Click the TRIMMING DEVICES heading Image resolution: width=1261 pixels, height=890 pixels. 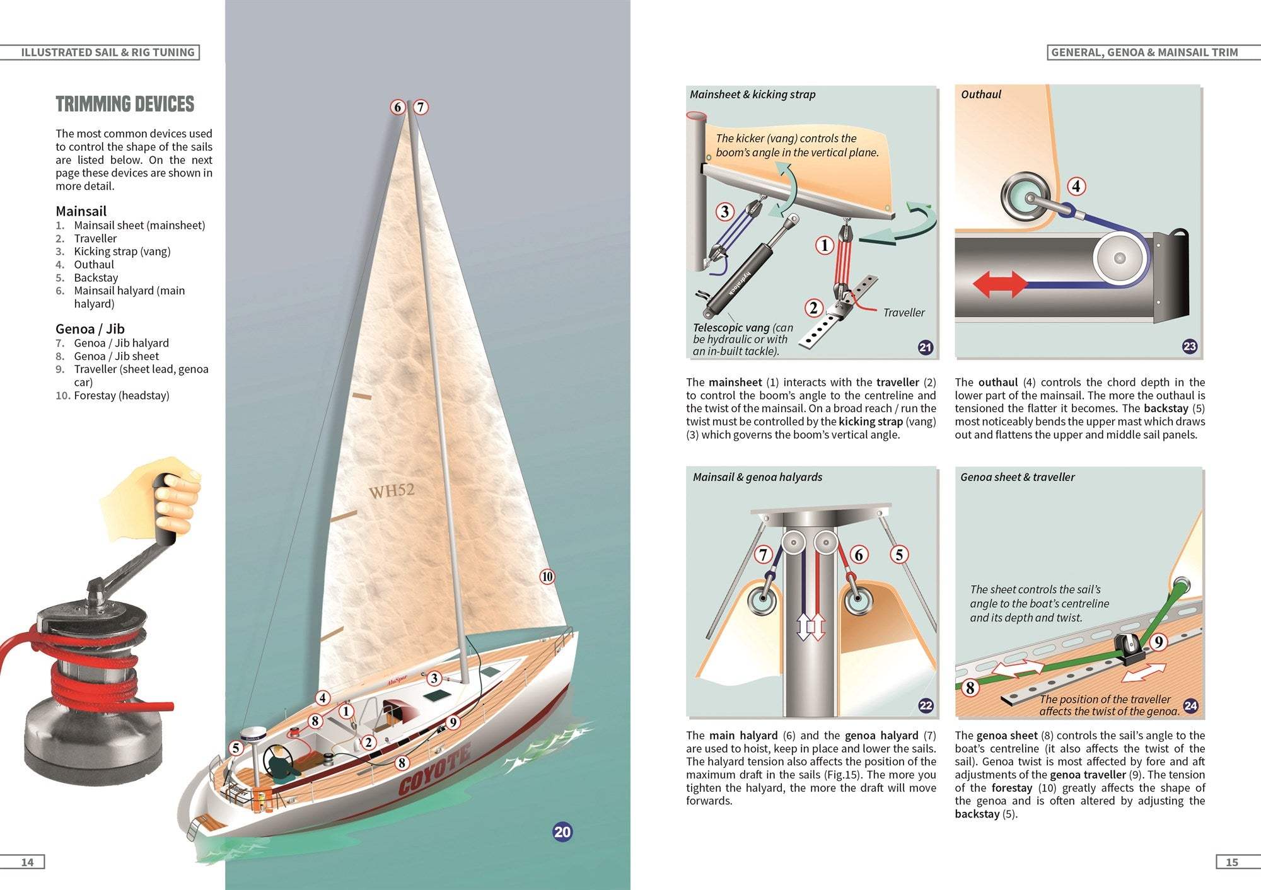125,104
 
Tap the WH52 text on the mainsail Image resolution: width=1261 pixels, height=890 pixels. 392,490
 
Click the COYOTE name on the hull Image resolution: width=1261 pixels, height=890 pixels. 434,770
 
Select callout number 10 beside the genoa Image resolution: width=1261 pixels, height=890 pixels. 547,576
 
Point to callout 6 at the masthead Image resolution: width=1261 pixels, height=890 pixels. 397,107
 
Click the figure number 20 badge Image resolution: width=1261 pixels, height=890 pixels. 562,832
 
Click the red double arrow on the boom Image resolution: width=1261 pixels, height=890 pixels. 1000,284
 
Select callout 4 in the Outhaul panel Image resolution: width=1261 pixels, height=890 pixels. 1076,187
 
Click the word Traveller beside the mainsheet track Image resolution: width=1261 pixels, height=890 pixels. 904,313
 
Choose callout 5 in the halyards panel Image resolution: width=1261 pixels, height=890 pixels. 899,555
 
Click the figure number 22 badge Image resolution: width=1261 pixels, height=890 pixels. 926,705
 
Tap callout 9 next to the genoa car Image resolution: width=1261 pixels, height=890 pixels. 1158,642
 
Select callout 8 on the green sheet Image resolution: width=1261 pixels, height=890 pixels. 970,688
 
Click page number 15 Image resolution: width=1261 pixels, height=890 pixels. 1231,862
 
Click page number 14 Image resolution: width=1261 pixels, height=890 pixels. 28,862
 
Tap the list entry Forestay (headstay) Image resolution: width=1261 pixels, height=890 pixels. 121,396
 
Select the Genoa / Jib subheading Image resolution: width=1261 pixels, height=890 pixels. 90,329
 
